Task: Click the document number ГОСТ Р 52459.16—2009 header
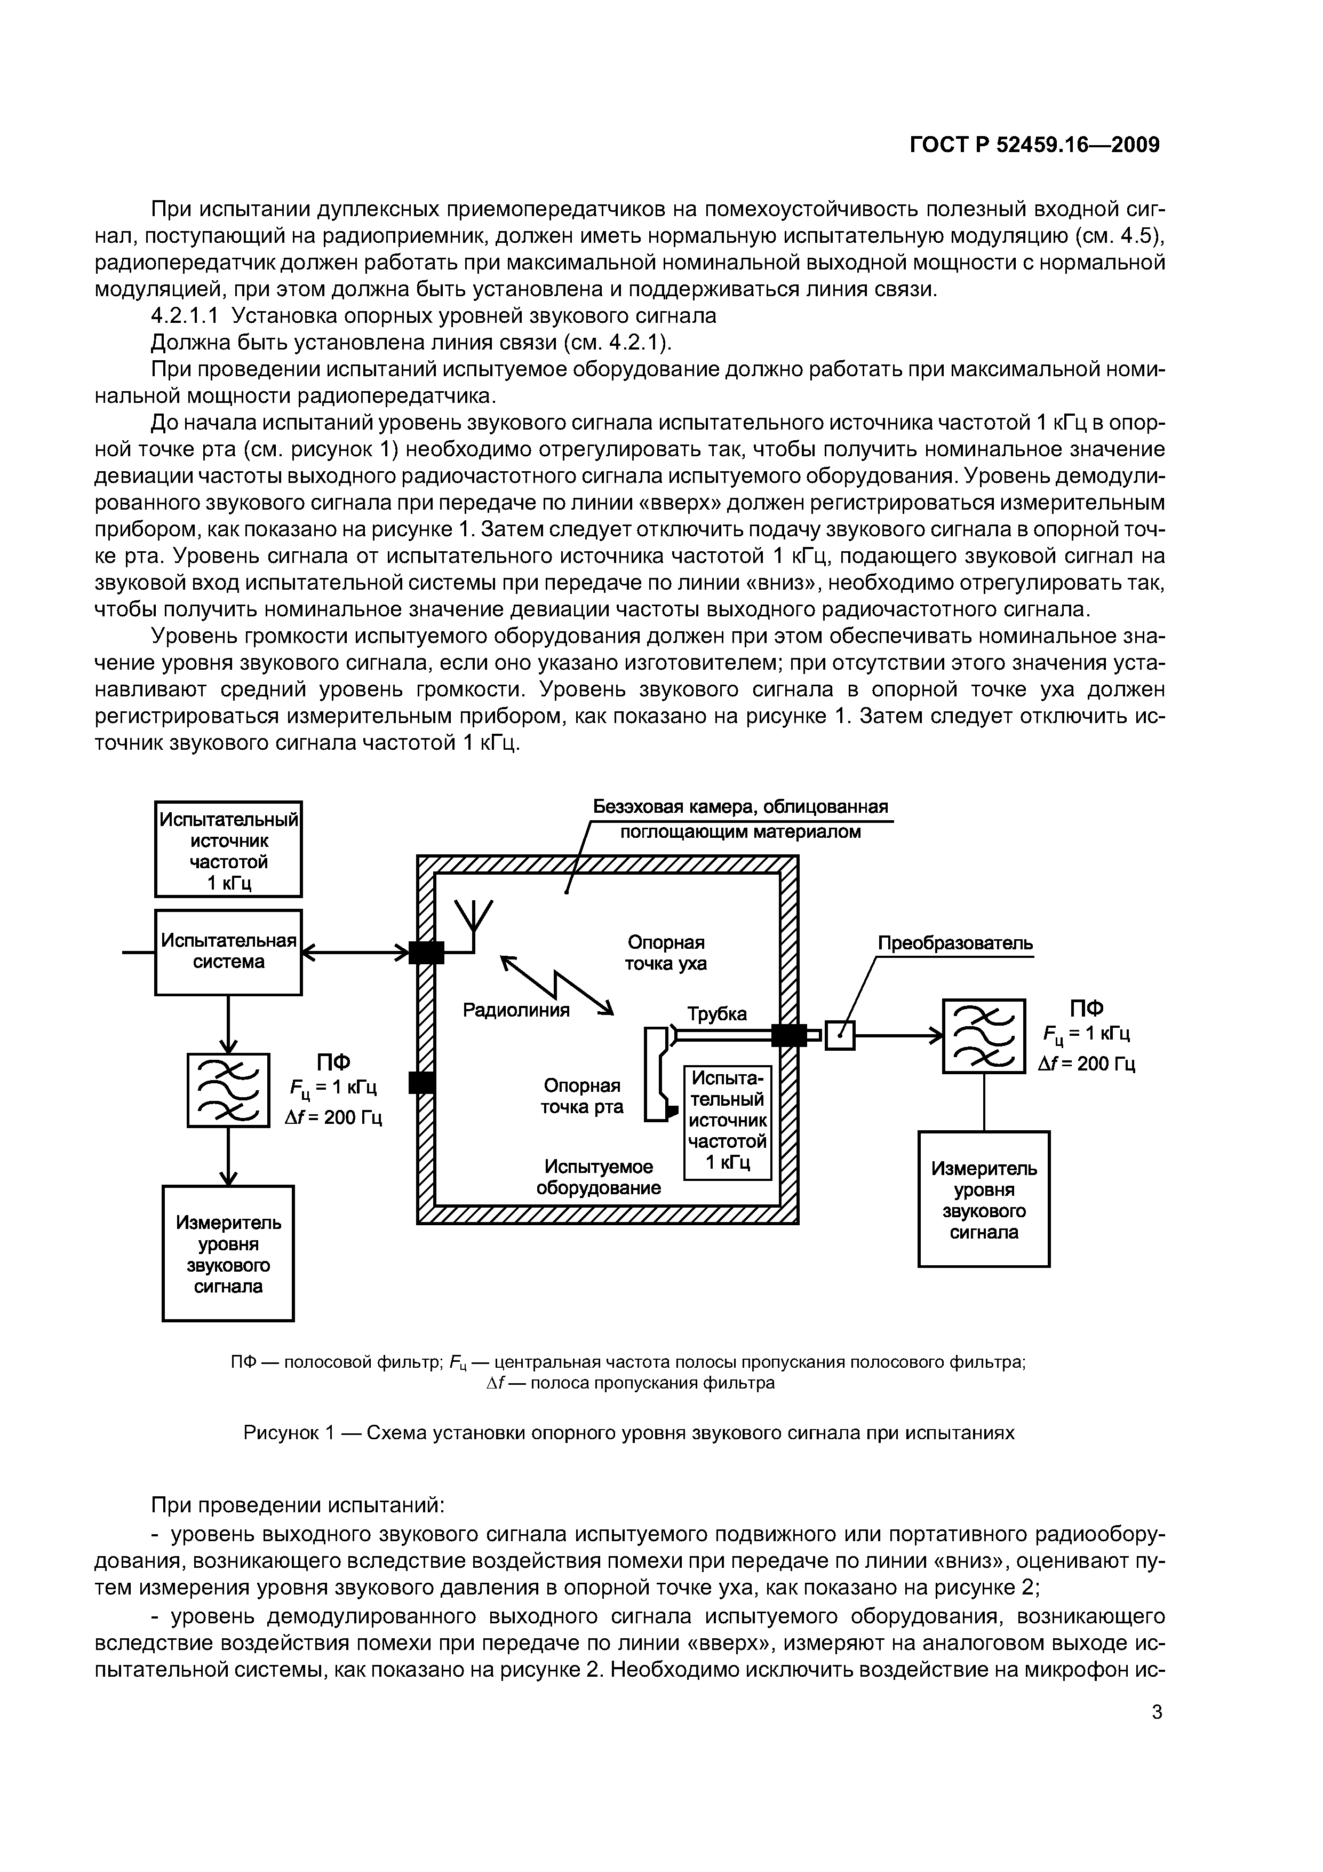1034,145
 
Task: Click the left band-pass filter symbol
228,1090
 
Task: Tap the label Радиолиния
516,1010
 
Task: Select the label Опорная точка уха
666,953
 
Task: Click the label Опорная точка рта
582,1096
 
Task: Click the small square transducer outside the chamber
840,1035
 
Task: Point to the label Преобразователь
954,943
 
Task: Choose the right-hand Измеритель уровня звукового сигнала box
984,1199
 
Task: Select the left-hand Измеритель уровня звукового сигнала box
228,1253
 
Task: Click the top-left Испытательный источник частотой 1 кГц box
228,850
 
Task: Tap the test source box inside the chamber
727,1121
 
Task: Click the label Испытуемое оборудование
599,1177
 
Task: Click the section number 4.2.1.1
186,315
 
